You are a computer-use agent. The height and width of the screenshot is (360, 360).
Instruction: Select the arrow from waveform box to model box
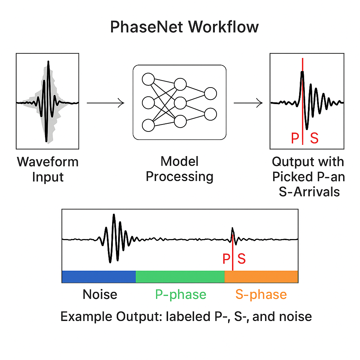(x=105, y=103)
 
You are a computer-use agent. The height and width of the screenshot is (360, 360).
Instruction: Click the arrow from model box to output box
(x=248, y=103)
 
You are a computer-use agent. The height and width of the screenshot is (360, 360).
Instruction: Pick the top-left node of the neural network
(x=148, y=79)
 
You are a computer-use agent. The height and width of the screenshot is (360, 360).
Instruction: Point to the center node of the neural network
(x=180, y=103)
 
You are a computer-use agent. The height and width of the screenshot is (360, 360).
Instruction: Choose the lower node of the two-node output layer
(x=211, y=114)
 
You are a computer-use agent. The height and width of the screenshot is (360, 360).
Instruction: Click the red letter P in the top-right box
(x=295, y=138)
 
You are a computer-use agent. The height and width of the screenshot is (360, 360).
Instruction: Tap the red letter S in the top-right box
(x=314, y=138)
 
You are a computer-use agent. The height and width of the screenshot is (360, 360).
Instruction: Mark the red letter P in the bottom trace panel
(x=226, y=259)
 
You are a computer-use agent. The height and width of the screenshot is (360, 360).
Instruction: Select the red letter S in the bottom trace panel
(x=242, y=259)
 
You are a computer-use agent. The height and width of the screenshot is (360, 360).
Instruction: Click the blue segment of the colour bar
(x=99, y=277)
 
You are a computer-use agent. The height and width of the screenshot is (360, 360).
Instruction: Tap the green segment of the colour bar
(x=180, y=277)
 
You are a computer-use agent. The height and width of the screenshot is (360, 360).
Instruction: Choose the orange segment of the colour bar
(x=261, y=277)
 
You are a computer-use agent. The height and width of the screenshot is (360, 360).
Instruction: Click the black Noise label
(x=100, y=294)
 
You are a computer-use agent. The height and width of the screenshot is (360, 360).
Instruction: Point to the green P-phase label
(x=181, y=294)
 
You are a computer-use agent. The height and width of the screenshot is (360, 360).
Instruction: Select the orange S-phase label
(x=261, y=294)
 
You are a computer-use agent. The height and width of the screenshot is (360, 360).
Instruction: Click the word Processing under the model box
(x=180, y=176)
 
